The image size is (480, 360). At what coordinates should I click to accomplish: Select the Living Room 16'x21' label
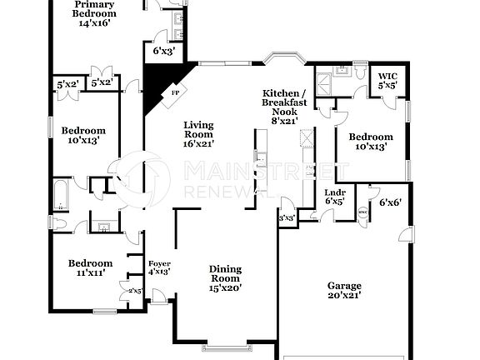[198, 134]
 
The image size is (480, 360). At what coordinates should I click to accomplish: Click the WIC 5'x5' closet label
[387, 80]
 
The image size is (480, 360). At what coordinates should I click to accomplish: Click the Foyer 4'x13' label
[159, 267]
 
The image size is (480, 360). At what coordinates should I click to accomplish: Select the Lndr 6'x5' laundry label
[334, 197]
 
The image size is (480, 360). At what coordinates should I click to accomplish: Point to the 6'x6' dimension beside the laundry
[390, 202]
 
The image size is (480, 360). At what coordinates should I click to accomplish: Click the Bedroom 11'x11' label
[90, 267]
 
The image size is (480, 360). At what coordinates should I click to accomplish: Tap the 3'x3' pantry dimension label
[286, 218]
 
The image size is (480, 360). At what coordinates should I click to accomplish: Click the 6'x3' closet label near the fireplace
[163, 51]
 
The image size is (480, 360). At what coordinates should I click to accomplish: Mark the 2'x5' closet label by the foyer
[136, 290]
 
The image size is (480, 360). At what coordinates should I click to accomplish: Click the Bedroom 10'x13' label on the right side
[371, 142]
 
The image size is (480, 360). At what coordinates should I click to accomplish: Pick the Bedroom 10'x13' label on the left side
[87, 135]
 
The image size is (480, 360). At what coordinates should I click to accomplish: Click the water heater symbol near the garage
[363, 212]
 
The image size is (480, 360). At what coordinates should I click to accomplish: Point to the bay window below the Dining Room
[225, 345]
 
